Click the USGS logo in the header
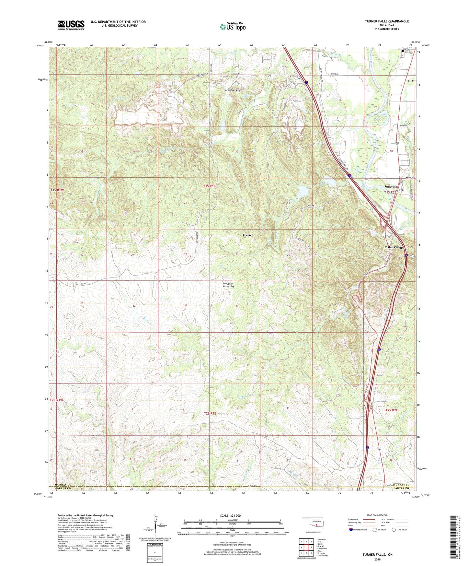(x=71, y=25)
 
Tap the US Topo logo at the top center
(x=233, y=27)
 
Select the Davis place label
(x=247, y=235)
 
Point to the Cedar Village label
(x=394, y=247)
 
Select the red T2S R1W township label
(x=56, y=400)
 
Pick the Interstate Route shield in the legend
(x=351, y=530)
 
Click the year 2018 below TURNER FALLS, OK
(x=377, y=559)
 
